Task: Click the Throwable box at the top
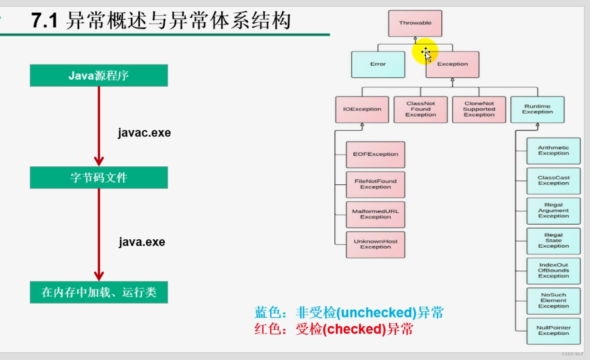pyautogui.click(x=415, y=23)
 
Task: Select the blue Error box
pyautogui.click(x=378, y=64)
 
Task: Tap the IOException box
pyautogui.click(x=362, y=109)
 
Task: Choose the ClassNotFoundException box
pyautogui.click(x=420, y=109)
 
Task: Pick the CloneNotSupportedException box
pyautogui.click(x=479, y=109)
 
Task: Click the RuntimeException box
pyautogui.click(x=537, y=109)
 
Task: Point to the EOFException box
pyautogui.click(x=375, y=154)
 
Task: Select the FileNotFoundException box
pyautogui.click(x=375, y=184)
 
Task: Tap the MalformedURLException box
pyautogui.click(x=375, y=214)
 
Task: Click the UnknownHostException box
pyautogui.click(x=375, y=244)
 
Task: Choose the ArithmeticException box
pyautogui.click(x=554, y=151)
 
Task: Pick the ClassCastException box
pyautogui.click(x=554, y=180)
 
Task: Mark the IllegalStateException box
pyautogui.click(x=554, y=241)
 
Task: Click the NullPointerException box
pyautogui.click(x=554, y=331)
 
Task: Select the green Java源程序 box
pyautogui.click(x=98, y=75)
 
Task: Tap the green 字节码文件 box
pyautogui.click(x=98, y=178)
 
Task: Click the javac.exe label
pyautogui.click(x=144, y=133)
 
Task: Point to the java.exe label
pyautogui.click(x=142, y=242)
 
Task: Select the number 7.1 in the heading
pyautogui.click(x=44, y=21)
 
